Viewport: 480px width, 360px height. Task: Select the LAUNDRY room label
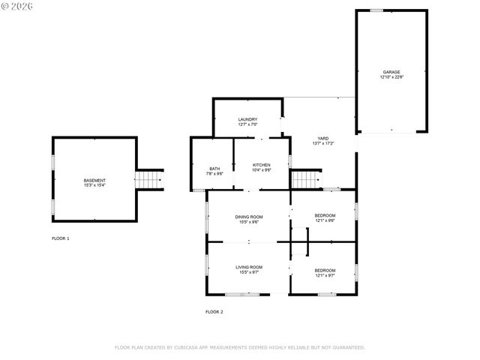(x=247, y=119)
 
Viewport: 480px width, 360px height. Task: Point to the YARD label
(x=322, y=138)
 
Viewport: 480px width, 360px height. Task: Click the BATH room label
(x=214, y=169)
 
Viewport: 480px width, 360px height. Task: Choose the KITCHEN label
(x=261, y=165)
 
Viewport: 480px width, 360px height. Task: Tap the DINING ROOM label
(x=249, y=217)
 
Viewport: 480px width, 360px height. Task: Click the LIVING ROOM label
(x=249, y=267)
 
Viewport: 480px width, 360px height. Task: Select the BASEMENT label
(x=94, y=180)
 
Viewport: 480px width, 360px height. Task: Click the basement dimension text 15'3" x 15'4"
(x=94, y=185)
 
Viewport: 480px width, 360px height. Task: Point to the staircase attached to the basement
(x=149, y=180)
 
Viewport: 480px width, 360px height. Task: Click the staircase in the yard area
(x=304, y=180)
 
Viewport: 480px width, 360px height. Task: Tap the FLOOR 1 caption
(x=60, y=238)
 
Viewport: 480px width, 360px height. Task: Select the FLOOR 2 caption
(x=214, y=311)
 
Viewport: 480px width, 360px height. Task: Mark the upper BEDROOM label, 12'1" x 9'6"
(x=325, y=217)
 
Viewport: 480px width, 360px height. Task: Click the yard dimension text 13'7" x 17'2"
(x=322, y=143)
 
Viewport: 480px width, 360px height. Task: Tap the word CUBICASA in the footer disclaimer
(x=191, y=347)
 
